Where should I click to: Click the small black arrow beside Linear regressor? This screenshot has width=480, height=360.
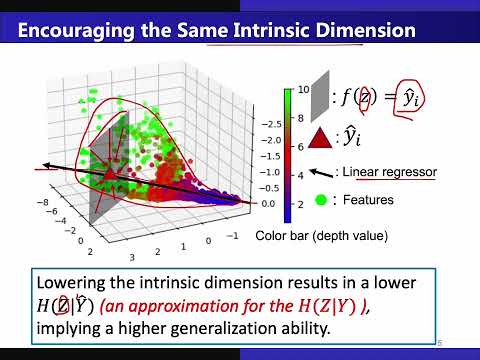[321, 170]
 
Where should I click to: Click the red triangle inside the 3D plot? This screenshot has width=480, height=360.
[109, 175]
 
